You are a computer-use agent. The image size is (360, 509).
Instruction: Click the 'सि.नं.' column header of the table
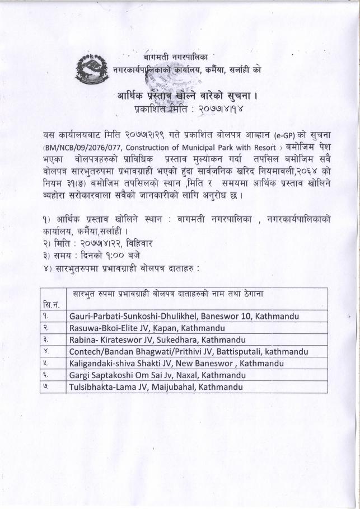pyautogui.click(x=51, y=304)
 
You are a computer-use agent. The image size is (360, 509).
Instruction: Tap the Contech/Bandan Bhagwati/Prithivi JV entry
pyautogui.click(x=189, y=352)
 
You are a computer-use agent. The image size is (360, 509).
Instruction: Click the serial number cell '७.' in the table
pyautogui.click(x=46, y=387)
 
